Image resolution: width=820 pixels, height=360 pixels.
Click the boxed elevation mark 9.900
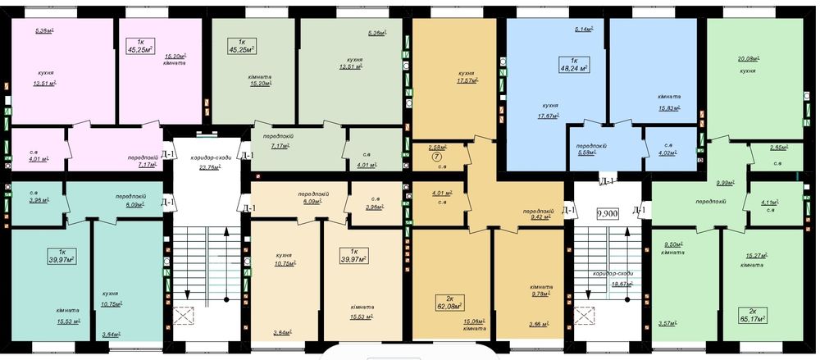pyautogui.click(x=608, y=213)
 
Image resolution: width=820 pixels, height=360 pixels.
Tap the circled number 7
pyautogui.click(x=437, y=156)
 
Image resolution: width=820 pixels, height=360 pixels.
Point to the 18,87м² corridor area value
pyautogui.click(x=614, y=284)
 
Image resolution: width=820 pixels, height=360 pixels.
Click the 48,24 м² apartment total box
pyautogui.click(x=574, y=65)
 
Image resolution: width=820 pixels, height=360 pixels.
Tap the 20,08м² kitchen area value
pyautogui.click(x=748, y=59)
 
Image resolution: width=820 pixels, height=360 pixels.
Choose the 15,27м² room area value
pyautogui.click(x=756, y=256)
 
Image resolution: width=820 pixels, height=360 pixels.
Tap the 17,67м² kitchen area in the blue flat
pyautogui.click(x=549, y=116)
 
